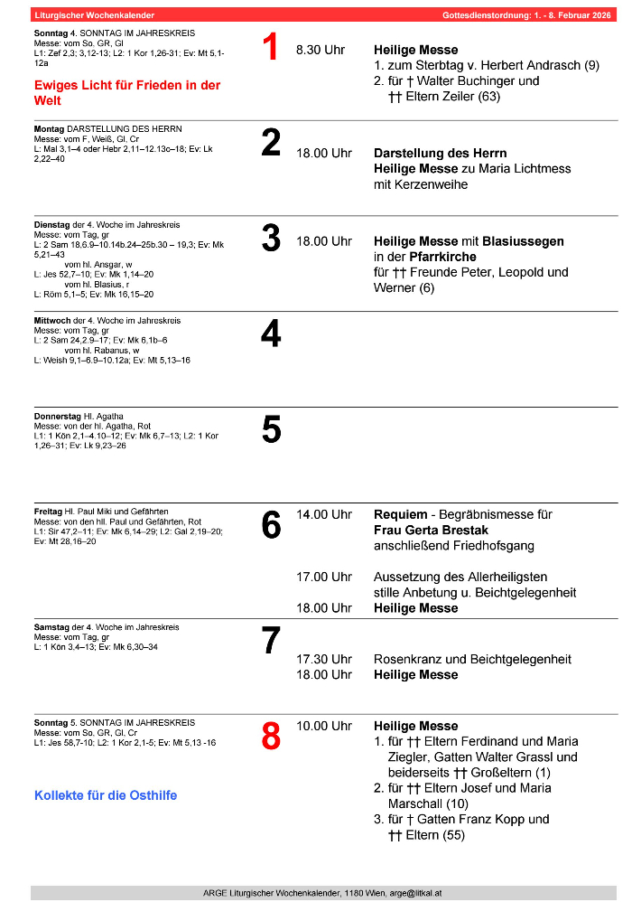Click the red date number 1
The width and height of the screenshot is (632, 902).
(270, 48)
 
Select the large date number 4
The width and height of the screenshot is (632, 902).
(271, 334)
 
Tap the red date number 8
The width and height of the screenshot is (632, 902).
(271, 737)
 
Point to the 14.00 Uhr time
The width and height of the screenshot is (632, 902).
(324, 514)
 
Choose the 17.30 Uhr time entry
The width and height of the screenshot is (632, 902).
(324, 659)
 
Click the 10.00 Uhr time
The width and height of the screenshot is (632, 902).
(324, 726)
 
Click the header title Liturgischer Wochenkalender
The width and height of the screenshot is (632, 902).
(94, 15)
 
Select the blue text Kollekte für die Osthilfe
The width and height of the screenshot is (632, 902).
(106, 795)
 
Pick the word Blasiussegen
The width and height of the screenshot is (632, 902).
(523, 241)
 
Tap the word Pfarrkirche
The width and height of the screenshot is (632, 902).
(441, 257)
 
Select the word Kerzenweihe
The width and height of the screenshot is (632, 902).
(432, 184)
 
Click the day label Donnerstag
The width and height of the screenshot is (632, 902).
(58, 417)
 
